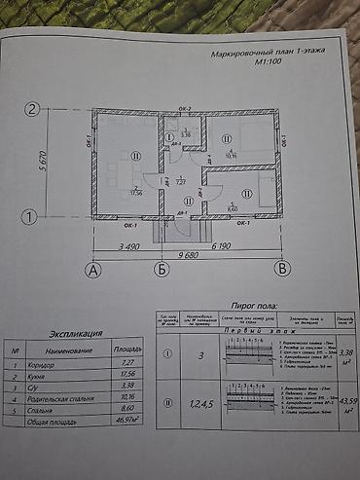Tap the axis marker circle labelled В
tap(281, 267)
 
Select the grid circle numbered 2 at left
tap(32, 110)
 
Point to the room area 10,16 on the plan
tap(231, 155)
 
